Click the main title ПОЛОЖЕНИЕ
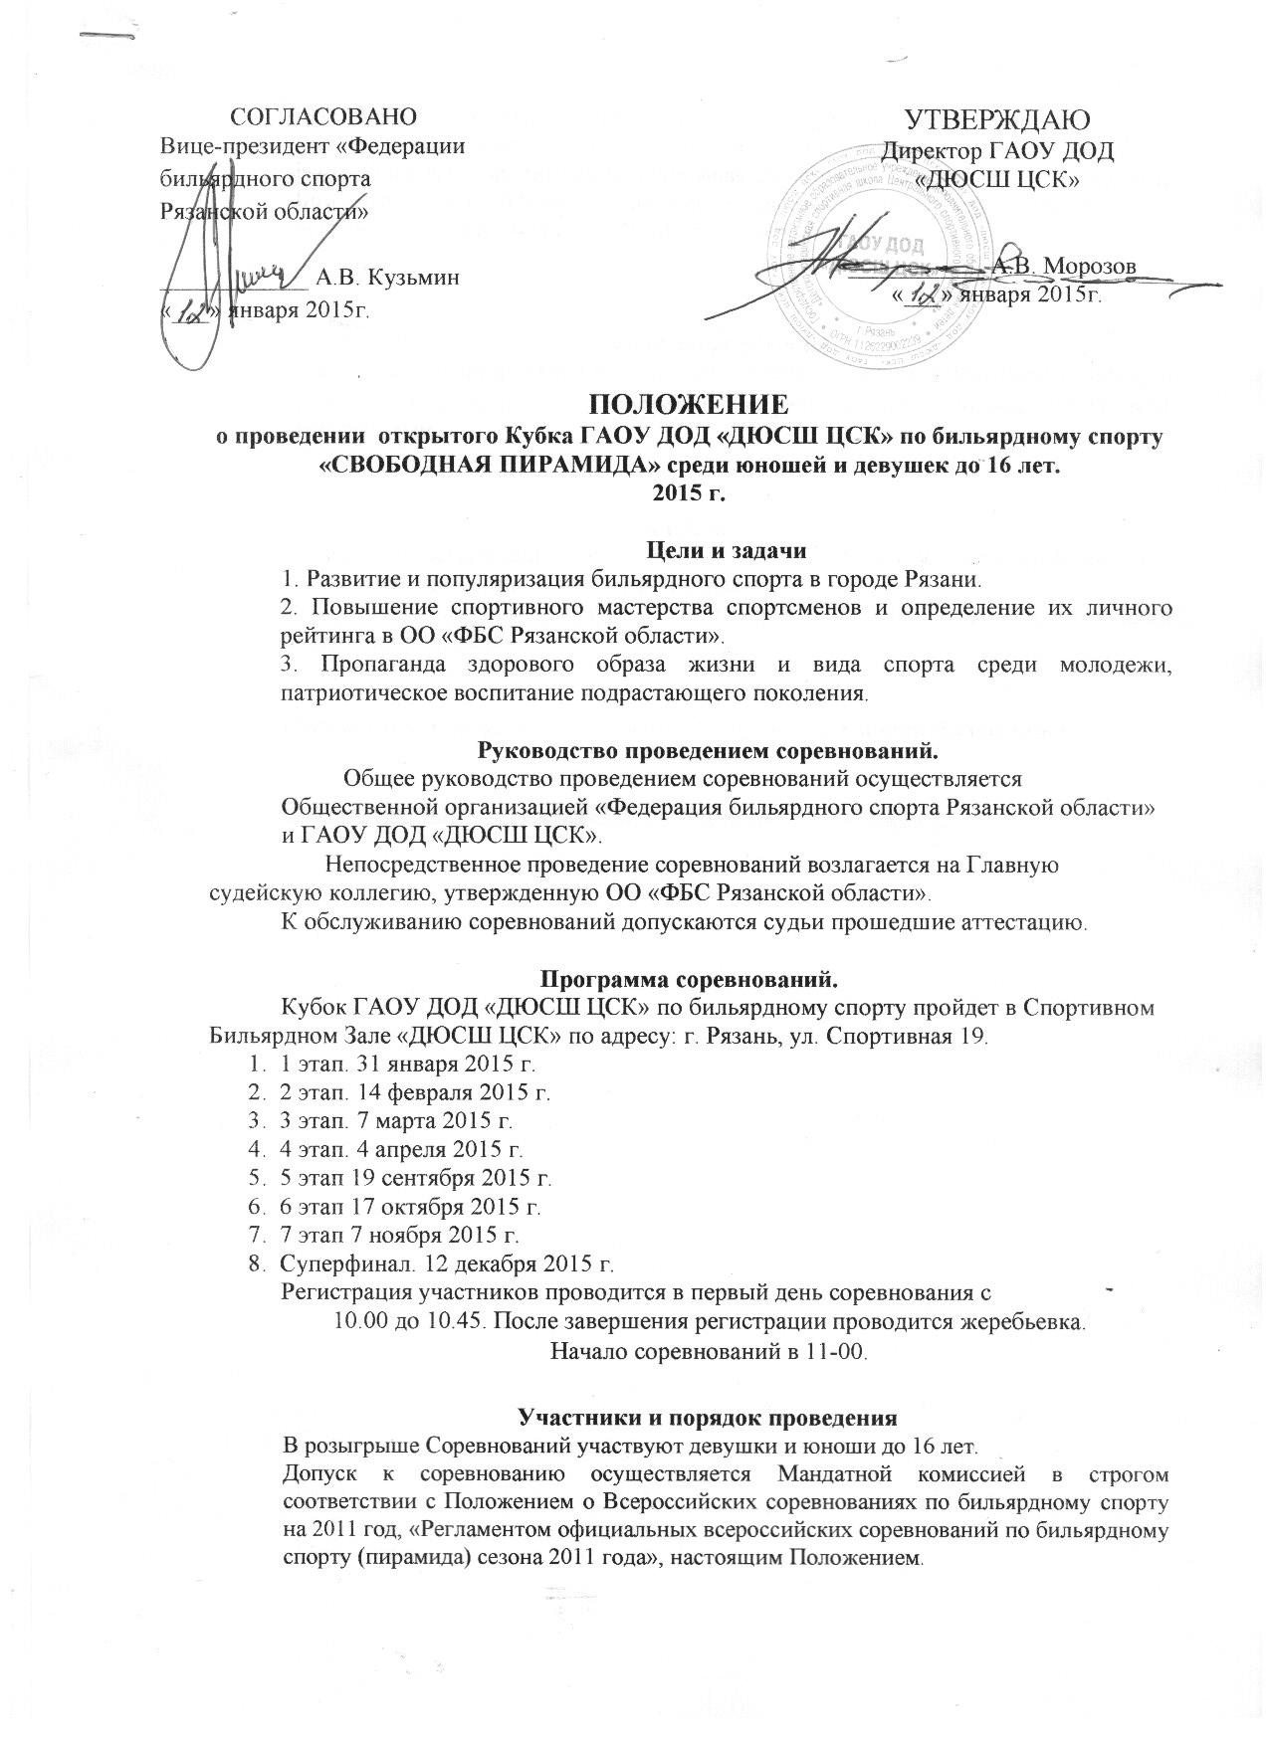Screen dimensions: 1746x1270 pos(690,406)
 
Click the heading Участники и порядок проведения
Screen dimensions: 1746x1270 pos(708,1417)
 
